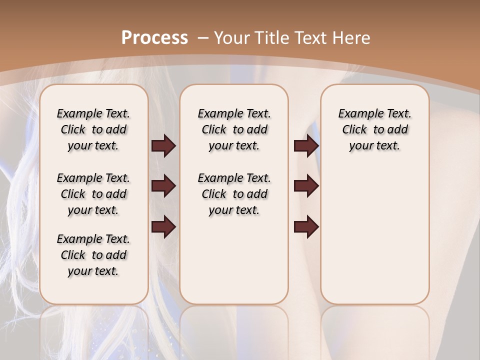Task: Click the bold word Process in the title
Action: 154,38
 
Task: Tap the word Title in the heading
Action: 272,38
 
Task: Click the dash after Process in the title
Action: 202,38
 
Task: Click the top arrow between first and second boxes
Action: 163,146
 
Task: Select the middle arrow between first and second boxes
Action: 163,186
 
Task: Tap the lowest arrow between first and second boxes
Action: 163,227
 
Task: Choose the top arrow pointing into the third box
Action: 306,146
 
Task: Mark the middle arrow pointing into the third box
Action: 306,186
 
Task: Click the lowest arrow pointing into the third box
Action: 306,227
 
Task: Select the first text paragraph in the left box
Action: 93,129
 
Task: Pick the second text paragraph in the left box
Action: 93,194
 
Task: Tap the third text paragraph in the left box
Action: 93,255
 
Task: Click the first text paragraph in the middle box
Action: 234,129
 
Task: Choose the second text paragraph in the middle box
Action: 234,194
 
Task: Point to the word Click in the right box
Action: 354,130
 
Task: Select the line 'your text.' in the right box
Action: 374,146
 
